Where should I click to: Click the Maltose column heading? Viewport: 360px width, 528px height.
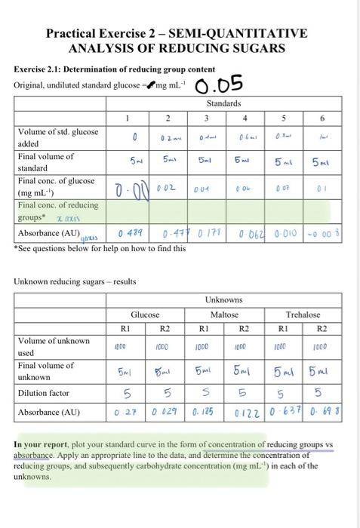click(x=224, y=314)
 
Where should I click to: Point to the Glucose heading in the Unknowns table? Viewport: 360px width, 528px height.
click(x=144, y=314)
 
